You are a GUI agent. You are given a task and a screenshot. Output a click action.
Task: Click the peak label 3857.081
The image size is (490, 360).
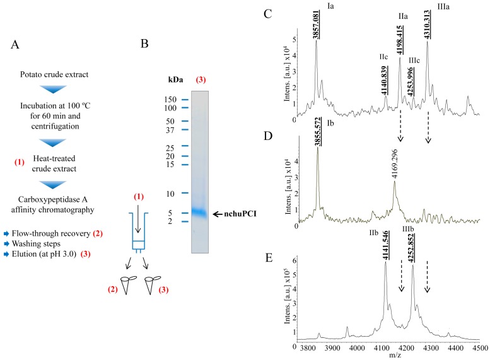tap(317, 26)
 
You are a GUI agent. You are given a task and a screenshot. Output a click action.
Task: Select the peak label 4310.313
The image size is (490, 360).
tap(428, 26)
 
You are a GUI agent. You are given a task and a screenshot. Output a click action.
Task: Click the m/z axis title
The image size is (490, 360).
tap(393, 354)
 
